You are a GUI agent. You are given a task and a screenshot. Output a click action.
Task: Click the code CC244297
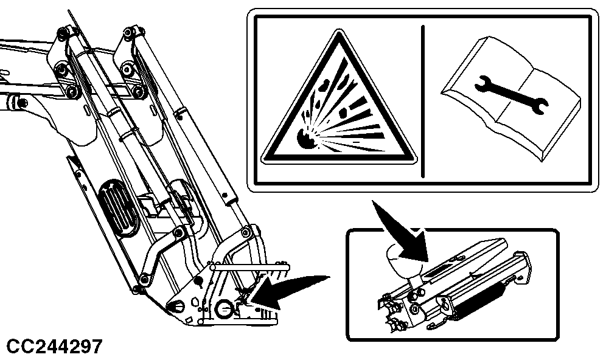(x=55, y=347)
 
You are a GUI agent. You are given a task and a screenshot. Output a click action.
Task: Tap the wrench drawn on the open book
(x=511, y=95)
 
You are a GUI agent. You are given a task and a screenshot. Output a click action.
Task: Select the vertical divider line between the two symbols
(x=423, y=101)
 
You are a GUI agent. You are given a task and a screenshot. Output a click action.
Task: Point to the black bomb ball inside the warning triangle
(x=306, y=139)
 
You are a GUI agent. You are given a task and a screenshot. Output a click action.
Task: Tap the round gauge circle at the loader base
(x=224, y=309)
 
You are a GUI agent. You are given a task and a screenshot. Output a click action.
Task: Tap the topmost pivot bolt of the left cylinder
(x=62, y=33)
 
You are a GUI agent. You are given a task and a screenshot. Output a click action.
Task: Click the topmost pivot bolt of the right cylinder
(x=128, y=32)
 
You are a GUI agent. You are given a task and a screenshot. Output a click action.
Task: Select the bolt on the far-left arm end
(x=22, y=103)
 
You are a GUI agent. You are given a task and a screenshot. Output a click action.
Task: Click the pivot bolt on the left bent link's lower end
(x=145, y=279)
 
